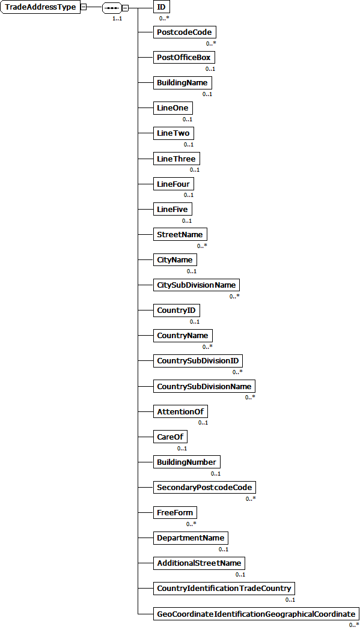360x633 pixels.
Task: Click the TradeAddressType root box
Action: (40, 7)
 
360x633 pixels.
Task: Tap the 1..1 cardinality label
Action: (117, 19)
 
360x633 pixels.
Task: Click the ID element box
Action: (160, 7)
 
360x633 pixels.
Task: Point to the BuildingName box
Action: (182, 83)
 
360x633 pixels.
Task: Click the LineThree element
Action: (176, 159)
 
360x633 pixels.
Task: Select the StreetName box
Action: (180, 234)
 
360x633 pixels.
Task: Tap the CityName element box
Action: (175, 259)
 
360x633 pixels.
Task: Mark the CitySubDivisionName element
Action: (197, 285)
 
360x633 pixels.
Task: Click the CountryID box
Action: (176, 310)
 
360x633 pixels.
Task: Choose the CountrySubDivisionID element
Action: (198, 361)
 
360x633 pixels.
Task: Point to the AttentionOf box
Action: (182, 411)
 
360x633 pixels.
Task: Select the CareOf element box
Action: (170, 437)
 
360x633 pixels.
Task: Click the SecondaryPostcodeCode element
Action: (204, 487)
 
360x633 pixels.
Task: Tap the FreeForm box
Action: (174, 512)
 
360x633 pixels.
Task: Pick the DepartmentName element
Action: (191, 538)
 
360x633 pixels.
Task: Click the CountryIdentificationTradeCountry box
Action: (224, 588)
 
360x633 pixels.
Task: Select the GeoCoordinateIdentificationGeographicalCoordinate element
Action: (256, 614)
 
